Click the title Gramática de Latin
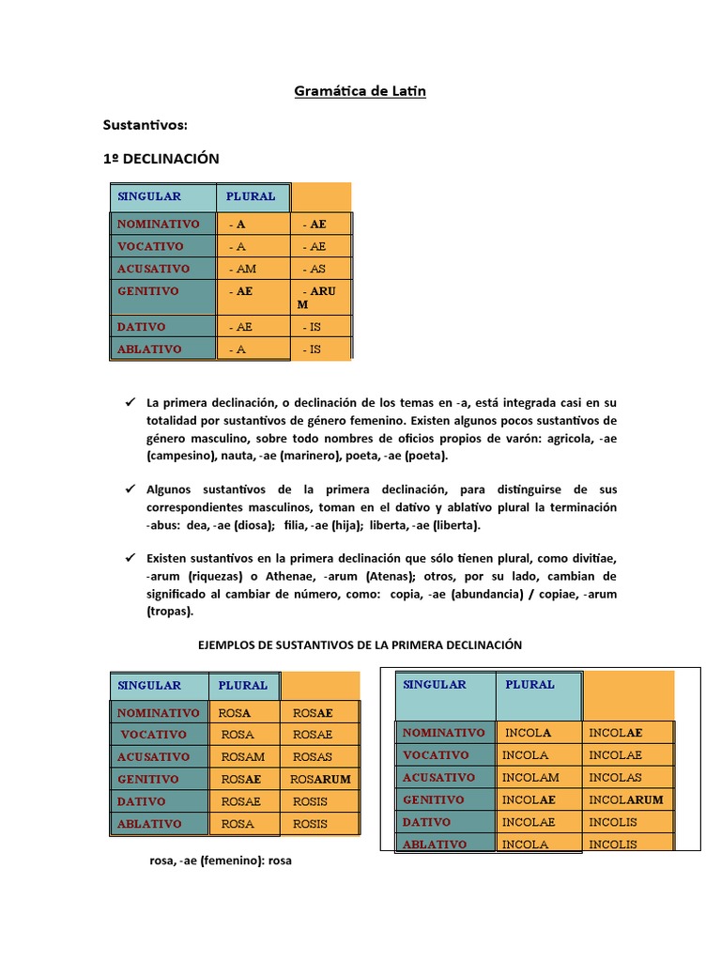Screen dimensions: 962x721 tap(360, 91)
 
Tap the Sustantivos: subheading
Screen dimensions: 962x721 tap(145, 125)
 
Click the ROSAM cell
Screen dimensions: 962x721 tap(243, 756)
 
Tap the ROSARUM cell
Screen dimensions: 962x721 tap(320, 779)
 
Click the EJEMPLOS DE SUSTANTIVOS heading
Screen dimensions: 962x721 tap(360, 644)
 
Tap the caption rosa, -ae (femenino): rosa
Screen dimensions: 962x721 tap(221, 860)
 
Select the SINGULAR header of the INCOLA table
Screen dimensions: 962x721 tap(435, 685)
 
